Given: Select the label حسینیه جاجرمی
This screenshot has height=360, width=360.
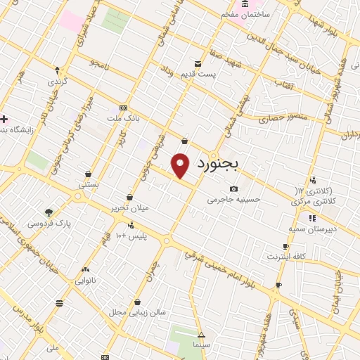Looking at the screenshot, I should pos(233,199).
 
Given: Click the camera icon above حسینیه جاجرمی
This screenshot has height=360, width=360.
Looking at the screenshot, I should pos(233,188).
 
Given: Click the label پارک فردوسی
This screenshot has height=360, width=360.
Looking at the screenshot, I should pos(49,223).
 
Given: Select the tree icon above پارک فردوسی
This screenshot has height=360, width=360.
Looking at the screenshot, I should pos(49,212).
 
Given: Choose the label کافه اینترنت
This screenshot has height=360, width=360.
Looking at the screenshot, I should pos(285,257).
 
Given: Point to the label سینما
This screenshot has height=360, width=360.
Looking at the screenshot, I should pos(202,346).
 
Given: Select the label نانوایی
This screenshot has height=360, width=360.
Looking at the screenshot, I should pos(86,280).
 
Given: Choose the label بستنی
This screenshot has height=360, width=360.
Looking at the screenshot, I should pos(88,184).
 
